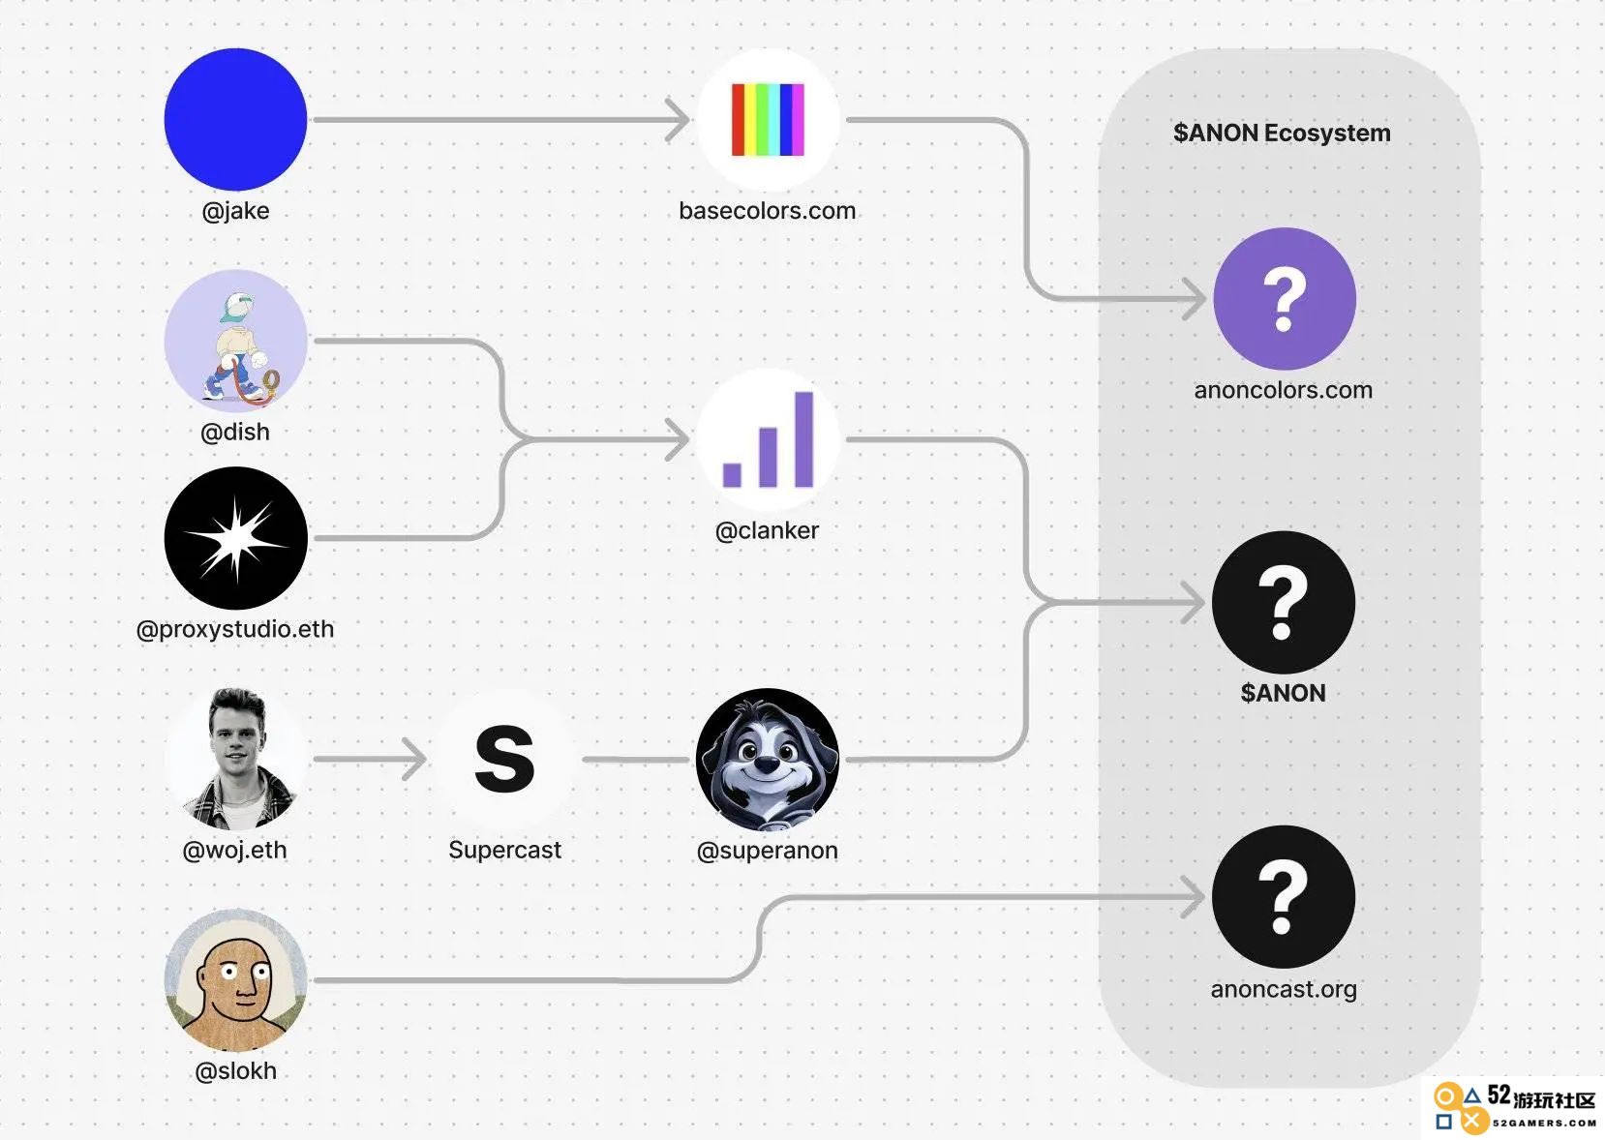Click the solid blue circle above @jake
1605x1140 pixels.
(236, 120)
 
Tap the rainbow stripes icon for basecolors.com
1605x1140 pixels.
(768, 120)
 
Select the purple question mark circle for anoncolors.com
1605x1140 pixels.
(1284, 299)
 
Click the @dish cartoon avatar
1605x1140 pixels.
(236, 341)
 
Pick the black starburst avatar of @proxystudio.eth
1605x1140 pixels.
(236, 538)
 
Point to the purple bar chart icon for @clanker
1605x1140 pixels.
(768, 439)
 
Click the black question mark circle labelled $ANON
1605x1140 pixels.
(1284, 602)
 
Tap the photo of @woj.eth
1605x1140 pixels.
(236, 759)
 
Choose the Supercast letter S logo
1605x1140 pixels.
(505, 759)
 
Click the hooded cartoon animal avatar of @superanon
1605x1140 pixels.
(768, 759)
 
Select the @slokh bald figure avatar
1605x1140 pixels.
(236, 980)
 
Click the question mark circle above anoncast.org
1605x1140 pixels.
(1284, 896)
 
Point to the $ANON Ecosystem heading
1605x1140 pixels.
(1282, 133)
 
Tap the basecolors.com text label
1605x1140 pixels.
(768, 211)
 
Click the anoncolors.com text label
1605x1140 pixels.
(1284, 390)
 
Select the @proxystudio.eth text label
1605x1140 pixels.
(236, 629)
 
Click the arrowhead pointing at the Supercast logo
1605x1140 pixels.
(415, 759)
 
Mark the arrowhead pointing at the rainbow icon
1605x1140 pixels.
(678, 120)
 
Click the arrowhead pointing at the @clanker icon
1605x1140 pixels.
(678, 439)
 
